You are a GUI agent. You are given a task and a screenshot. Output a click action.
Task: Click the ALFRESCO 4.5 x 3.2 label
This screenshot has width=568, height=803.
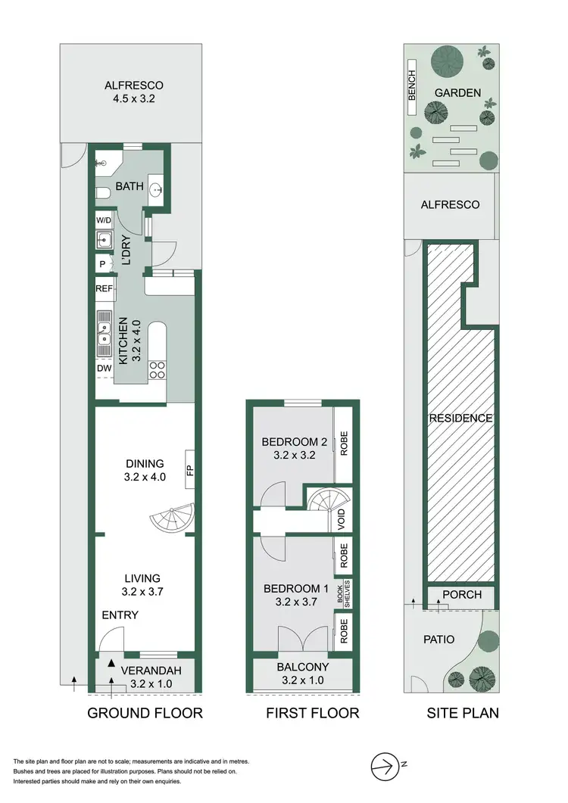pyautogui.click(x=133, y=92)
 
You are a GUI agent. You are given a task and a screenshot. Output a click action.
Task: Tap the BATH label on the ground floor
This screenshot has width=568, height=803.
pyautogui.click(x=130, y=185)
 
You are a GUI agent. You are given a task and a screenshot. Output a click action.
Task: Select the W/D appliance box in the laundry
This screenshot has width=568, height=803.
pyautogui.click(x=104, y=220)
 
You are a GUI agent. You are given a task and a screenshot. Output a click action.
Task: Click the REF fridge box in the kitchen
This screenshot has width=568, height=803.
pyautogui.click(x=104, y=288)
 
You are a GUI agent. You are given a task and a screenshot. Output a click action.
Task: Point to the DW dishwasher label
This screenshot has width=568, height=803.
pyautogui.click(x=104, y=369)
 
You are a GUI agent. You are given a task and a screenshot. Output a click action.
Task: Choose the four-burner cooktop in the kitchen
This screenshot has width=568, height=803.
pyautogui.click(x=158, y=369)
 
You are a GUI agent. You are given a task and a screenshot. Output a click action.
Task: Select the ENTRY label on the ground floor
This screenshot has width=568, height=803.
pyautogui.click(x=120, y=615)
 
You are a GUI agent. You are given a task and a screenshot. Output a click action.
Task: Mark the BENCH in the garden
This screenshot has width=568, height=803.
pyautogui.click(x=413, y=93)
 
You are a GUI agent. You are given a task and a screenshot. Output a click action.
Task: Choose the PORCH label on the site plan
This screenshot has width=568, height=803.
pyautogui.click(x=461, y=595)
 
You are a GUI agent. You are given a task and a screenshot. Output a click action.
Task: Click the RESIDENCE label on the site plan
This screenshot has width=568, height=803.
pyautogui.click(x=460, y=418)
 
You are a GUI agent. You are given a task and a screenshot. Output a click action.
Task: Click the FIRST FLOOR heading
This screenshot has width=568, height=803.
pyautogui.click(x=312, y=713)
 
